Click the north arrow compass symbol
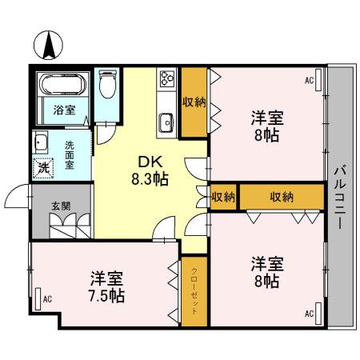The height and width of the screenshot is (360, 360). pos(49,43)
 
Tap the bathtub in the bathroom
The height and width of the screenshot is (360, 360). pos(61,84)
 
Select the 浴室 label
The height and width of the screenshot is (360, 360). pos(65,110)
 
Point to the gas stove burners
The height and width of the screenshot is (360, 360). pos(167,79)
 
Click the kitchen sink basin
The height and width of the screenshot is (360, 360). pos(166,122)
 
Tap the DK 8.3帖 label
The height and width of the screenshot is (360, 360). pos(150,170)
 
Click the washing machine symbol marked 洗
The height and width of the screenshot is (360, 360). pos(45,169)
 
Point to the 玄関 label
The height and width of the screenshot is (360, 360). pos(60,206)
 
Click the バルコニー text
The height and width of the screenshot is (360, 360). pos(340,196)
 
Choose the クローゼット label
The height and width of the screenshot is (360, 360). pos(194,290)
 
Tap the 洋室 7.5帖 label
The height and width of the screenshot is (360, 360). pos(106,287)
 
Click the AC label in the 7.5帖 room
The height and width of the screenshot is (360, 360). pos(47,298)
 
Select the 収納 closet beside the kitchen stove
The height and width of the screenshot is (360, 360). pos(193,102)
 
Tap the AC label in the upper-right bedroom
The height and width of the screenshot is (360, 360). pos(308,80)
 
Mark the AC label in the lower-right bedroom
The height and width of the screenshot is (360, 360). pos(308,314)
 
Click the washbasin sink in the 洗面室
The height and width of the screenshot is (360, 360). pos(40,144)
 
